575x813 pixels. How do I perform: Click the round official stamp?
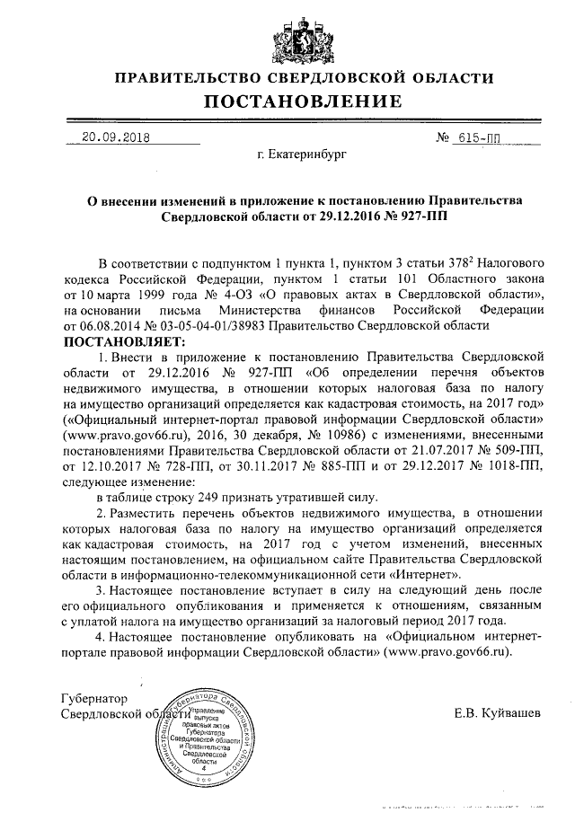[204, 732]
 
